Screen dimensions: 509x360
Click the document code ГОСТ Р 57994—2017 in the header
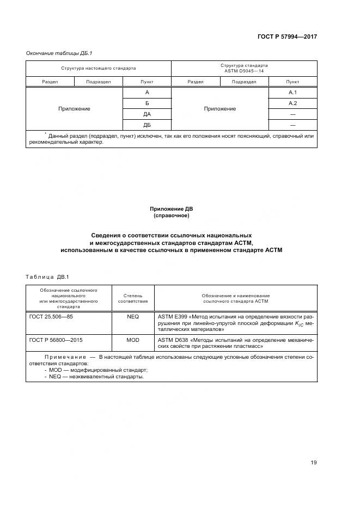(287, 37)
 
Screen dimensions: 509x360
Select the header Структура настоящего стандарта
(99, 68)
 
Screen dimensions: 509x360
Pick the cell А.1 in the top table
(292, 92)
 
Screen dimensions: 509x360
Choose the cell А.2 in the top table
(292, 103)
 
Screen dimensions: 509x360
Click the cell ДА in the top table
(147, 114)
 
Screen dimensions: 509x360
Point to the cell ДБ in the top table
(147, 125)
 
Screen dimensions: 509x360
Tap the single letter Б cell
(147, 103)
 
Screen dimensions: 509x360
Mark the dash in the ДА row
(292, 114)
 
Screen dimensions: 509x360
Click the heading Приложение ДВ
(171, 208)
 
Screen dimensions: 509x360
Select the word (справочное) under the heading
(171, 216)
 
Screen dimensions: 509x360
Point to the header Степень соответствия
(133, 298)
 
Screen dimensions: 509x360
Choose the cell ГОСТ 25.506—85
(51, 316)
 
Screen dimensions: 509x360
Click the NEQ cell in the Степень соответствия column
(133, 316)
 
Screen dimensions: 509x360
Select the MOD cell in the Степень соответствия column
(133, 339)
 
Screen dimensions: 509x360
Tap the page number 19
(314, 463)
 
